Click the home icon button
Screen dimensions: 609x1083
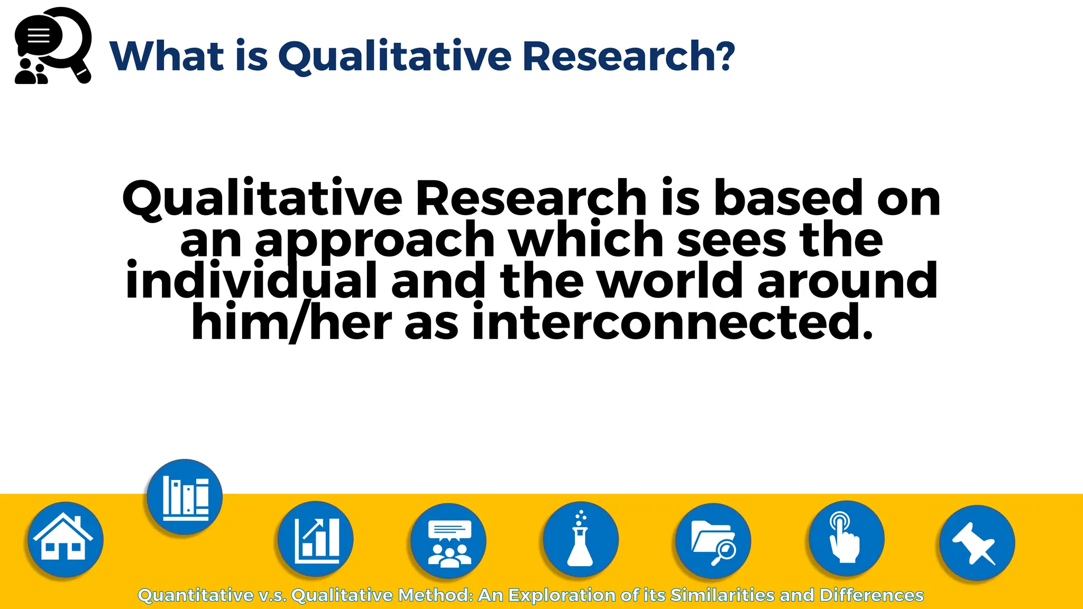(x=65, y=540)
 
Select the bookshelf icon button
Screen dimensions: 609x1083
(x=185, y=497)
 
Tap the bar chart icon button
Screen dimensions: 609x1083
(x=316, y=539)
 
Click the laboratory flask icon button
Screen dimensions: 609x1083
(x=581, y=540)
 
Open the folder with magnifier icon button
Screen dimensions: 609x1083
(x=713, y=541)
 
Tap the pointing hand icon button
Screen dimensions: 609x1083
(x=846, y=539)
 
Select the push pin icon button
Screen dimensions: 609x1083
(x=977, y=543)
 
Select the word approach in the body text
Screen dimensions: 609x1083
(x=374, y=241)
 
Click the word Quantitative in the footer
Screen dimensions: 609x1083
(x=196, y=595)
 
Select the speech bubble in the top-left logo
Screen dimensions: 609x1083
(x=39, y=36)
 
